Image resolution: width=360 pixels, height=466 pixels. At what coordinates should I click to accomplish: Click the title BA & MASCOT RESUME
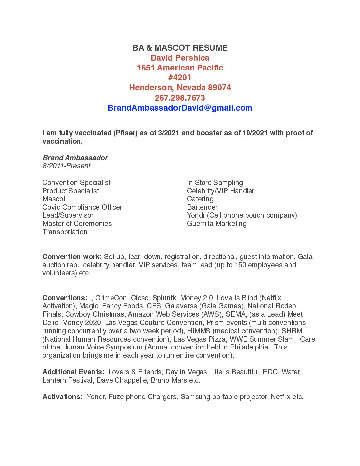[180, 48]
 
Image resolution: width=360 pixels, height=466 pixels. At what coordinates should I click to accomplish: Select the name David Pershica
[180, 58]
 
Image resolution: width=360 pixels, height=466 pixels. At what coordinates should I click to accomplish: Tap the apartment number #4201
[180, 78]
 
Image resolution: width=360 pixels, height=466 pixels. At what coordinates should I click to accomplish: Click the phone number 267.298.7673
[180, 98]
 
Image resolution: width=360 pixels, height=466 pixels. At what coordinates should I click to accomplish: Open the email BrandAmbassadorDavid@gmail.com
[180, 108]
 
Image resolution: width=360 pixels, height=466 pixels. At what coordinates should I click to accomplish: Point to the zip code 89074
[219, 88]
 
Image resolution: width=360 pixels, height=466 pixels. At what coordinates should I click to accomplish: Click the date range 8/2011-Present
[66, 166]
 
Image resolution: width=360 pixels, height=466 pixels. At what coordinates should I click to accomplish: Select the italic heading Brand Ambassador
[75, 158]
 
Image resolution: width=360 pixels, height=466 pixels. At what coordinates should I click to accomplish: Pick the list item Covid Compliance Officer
[82, 207]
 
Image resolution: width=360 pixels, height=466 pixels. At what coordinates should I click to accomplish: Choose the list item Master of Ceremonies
[77, 224]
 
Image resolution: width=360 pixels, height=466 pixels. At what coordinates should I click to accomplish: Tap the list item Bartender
[202, 207]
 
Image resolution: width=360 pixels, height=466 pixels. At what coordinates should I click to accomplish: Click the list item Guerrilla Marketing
[216, 224]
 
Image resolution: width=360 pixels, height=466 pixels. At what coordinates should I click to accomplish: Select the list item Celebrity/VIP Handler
[220, 191]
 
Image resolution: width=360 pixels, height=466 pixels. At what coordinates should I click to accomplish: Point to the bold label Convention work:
[72, 257]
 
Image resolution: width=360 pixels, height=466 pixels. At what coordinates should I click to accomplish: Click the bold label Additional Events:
[73, 372]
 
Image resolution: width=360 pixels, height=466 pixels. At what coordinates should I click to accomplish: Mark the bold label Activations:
[62, 397]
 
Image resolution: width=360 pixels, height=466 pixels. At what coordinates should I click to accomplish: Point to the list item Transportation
[65, 232]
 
